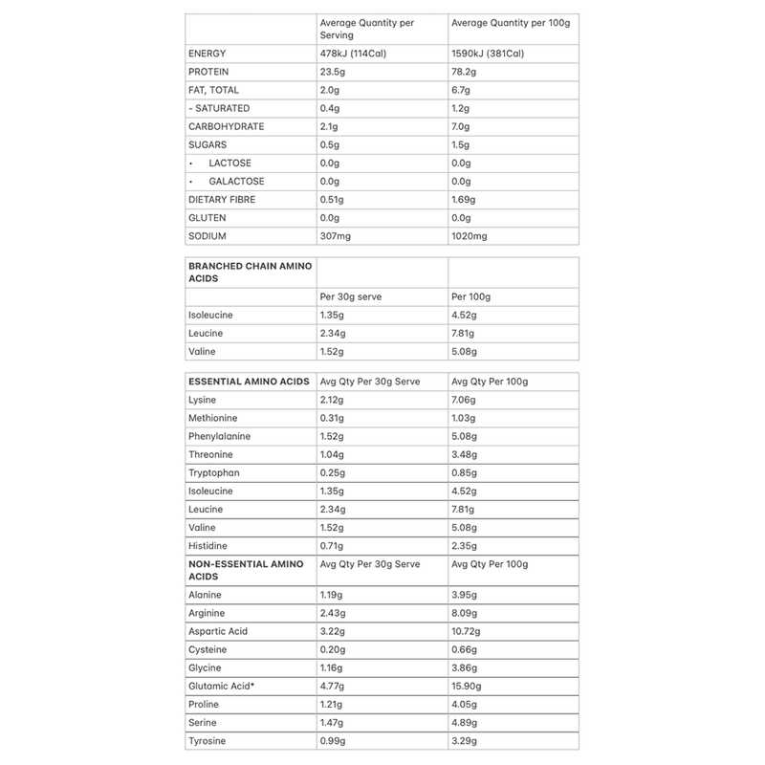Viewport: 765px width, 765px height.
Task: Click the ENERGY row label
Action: click(209, 54)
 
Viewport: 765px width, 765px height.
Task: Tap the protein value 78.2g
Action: click(466, 72)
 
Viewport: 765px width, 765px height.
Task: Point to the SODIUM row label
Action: click(209, 235)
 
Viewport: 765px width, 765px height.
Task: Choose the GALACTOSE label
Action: click(236, 181)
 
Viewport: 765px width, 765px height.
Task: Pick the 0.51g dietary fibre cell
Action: click(335, 199)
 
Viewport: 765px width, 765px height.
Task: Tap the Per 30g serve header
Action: click(351, 296)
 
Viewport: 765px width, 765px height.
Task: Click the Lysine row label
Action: click(204, 400)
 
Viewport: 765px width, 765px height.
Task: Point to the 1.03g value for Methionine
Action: click(466, 418)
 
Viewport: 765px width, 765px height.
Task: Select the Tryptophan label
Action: click(215, 472)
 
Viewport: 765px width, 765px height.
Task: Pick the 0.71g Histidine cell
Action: click(333, 545)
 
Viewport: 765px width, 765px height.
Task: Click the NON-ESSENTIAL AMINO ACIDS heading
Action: click(247, 570)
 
